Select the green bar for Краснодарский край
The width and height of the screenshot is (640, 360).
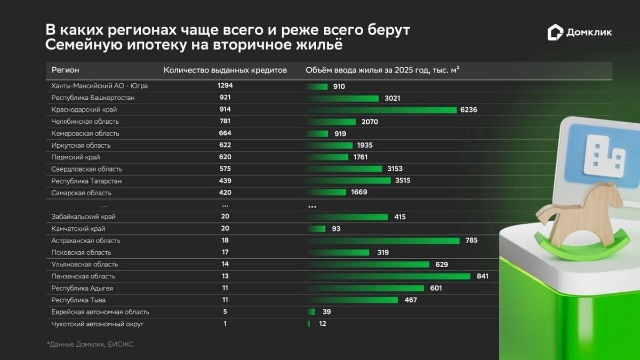click(x=381, y=110)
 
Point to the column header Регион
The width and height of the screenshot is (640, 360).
click(x=65, y=70)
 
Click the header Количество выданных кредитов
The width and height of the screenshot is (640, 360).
click(x=225, y=70)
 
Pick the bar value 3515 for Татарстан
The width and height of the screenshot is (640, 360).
click(x=403, y=181)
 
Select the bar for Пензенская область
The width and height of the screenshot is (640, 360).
click(x=389, y=276)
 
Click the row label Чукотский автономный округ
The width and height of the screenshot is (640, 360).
click(x=98, y=324)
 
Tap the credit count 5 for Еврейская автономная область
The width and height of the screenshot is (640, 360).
click(x=225, y=312)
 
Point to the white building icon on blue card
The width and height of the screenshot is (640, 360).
click(x=604, y=155)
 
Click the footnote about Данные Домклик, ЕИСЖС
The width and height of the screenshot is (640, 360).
click(x=90, y=345)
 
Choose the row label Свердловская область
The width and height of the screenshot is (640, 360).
click(x=87, y=169)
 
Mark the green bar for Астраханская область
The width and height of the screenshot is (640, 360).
click(x=383, y=241)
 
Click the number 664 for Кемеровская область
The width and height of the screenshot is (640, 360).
click(x=225, y=133)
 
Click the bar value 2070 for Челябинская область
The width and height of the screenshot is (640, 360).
click(x=369, y=122)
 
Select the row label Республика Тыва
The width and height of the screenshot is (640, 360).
click(x=78, y=300)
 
